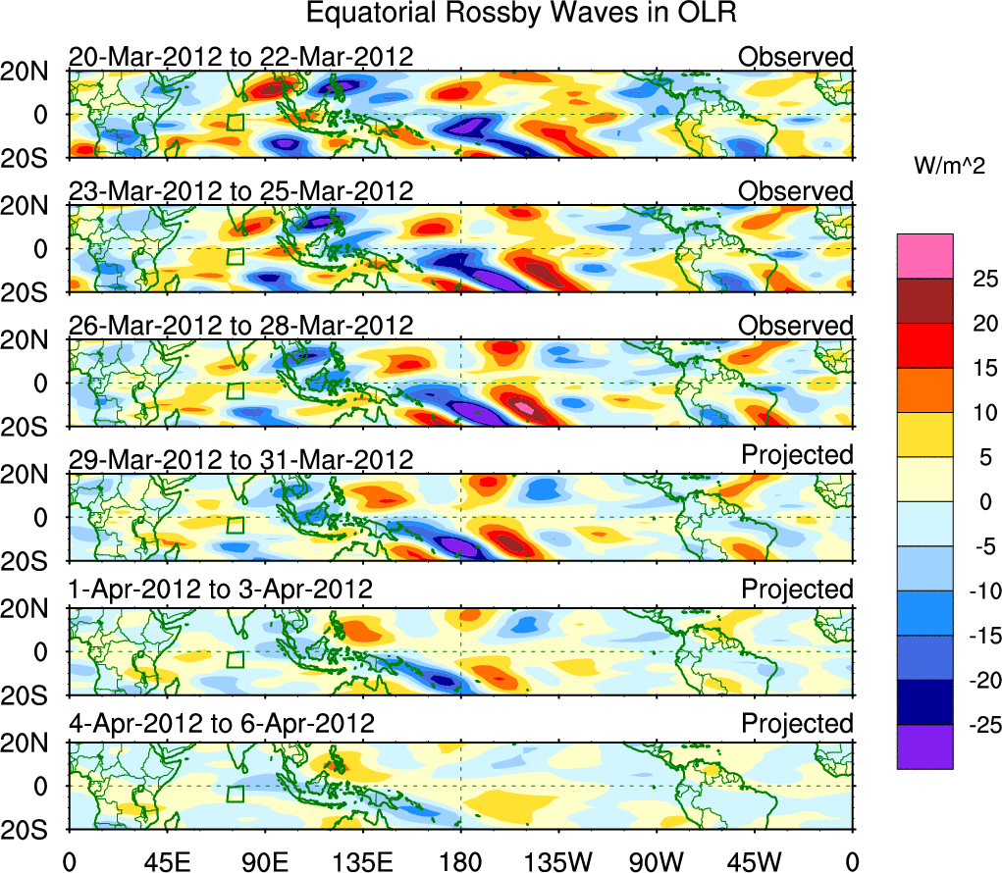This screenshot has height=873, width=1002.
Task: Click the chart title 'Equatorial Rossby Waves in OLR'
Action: click(x=521, y=14)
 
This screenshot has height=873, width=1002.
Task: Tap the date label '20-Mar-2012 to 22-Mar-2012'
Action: click(x=240, y=57)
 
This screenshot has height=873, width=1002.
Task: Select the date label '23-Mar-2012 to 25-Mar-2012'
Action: click(x=240, y=190)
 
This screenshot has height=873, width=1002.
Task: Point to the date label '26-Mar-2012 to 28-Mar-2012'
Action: click(x=240, y=325)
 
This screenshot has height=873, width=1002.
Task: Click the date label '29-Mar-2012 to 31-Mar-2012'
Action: click(x=240, y=458)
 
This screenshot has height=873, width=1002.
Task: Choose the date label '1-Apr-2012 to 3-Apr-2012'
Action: click(x=221, y=591)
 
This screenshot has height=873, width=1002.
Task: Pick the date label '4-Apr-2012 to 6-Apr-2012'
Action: click(x=222, y=725)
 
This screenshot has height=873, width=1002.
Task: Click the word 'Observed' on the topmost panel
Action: click(x=796, y=57)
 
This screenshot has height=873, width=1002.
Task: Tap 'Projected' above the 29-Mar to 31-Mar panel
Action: click(x=797, y=455)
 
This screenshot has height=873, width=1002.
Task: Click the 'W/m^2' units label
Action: click(x=949, y=169)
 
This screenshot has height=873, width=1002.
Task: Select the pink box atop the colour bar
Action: click(x=923, y=256)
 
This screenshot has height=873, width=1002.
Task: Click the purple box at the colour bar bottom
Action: click(x=923, y=746)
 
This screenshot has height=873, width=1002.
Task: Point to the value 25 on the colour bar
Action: click(x=973, y=279)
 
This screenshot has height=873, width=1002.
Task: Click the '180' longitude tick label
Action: click(x=460, y=860)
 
